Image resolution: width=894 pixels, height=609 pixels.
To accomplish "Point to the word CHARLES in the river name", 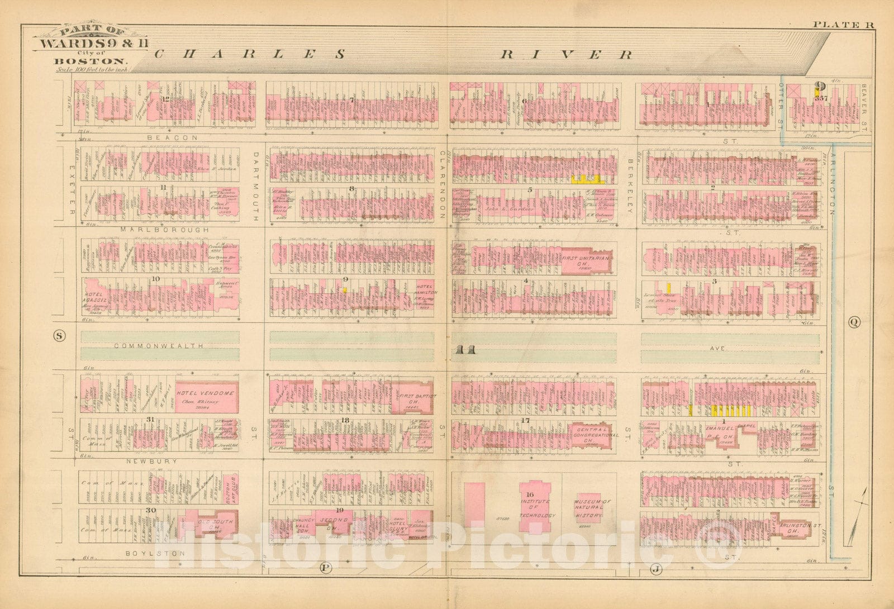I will tap(249, 54).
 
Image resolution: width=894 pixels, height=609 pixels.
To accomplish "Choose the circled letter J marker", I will tap(655, 569).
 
